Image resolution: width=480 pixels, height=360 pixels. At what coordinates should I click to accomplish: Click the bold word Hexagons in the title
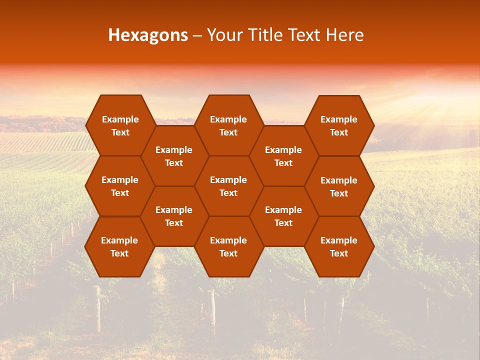[148, 35]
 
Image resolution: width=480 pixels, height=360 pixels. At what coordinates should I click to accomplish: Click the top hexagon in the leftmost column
[120, 125]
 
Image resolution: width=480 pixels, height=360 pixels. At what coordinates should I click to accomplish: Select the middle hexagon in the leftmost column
[120, 186]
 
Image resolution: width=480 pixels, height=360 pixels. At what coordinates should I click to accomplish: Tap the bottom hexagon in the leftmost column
[119, 246]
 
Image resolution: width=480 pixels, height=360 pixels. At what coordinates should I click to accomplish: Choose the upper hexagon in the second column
[174, 156]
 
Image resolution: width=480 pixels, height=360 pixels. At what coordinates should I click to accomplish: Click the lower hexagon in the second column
[174, 216]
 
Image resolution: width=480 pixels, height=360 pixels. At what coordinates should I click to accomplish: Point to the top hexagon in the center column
[228, 125]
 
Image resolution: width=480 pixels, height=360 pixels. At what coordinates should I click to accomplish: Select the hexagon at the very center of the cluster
[228, 186]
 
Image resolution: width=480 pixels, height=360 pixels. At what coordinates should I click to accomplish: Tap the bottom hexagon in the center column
[228, 246]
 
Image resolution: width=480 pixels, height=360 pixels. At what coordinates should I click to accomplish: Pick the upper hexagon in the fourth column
[283, 156]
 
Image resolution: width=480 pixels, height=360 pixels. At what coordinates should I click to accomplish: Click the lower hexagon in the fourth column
[283, 216]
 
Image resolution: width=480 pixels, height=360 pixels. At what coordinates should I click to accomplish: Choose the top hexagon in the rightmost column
[339, 125]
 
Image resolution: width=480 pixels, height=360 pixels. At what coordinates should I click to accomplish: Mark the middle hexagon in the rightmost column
[339, 186]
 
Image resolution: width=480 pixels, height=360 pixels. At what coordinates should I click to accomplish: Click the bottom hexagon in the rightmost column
[339, 246]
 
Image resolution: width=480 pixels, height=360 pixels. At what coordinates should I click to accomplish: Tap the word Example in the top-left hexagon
[120, 119]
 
